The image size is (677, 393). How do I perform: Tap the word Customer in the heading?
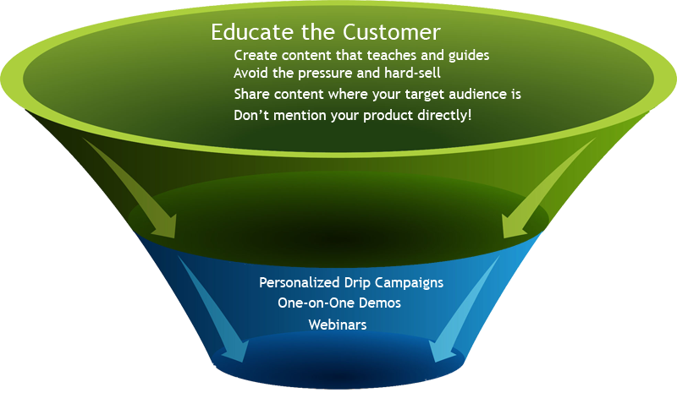coord(392,32)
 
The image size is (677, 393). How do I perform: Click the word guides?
coord(469,56)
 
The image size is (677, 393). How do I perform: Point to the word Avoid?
coord(250,73)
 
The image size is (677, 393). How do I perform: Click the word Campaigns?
coord(409,283)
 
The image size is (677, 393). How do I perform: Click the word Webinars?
coord(338,325)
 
